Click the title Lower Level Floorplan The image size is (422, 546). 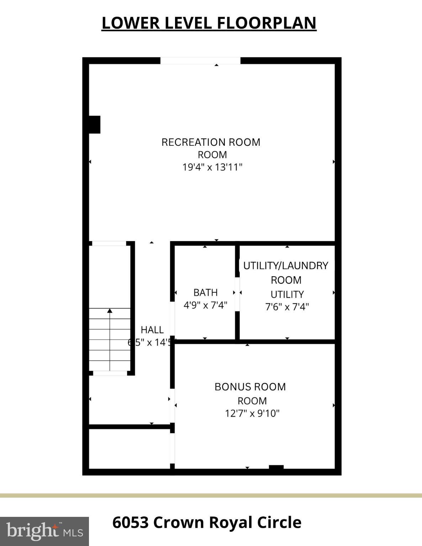click(209, 23)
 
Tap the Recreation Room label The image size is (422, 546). click(211, 142)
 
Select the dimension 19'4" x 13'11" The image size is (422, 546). click(212, 167)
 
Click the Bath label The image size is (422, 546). click(205, 293)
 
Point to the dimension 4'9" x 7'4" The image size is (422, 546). click(205, 305)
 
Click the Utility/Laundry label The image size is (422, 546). click(286, 266)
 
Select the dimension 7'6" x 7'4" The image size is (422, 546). click(287, 307)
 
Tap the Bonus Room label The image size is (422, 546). click(250, 387)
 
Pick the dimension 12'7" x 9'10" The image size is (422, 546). click(252, 413)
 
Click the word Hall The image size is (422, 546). click(152, 330)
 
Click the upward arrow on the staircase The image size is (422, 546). click(110, 311)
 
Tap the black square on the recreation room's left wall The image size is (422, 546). click(94, 125)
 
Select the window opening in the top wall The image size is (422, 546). click(200, 61)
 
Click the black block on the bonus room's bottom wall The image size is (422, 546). click(276, 468)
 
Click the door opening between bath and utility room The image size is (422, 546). click(237, 294)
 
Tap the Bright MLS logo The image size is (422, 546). click(44, 531)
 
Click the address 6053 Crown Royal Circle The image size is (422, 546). click(207, 523)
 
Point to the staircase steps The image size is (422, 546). click(110, 339)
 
